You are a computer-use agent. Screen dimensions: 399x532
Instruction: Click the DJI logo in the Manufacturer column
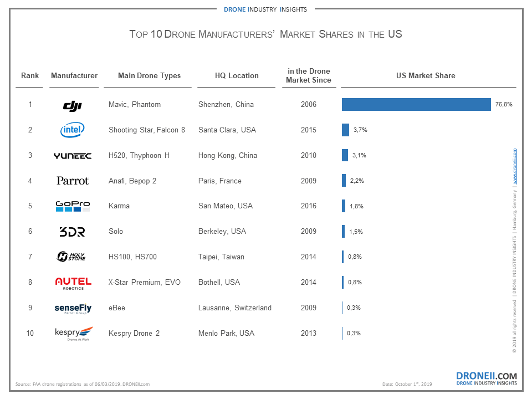(73, 105)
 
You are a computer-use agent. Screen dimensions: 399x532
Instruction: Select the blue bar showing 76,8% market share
(416, 104)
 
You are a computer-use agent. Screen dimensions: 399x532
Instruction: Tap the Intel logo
(73, 130)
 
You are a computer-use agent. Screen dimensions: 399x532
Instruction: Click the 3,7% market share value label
(360, 130)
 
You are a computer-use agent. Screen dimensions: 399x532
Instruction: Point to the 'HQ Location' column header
(237, 76)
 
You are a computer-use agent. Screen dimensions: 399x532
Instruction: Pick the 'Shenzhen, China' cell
(226, 105)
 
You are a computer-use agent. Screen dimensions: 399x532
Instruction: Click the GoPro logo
(73, 206)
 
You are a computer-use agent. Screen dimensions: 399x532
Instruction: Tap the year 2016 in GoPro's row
(308, 206)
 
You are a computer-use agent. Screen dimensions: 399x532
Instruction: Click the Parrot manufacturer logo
(73, 181)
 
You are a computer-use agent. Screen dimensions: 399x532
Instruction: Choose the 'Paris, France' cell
(220, 181)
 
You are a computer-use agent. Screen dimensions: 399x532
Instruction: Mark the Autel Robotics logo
(73, 283)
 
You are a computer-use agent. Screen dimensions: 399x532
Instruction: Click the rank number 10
(30, 333)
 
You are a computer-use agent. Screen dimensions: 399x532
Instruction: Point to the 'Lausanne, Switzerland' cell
(235, 308)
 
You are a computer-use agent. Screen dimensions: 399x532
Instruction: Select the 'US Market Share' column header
(426, 76)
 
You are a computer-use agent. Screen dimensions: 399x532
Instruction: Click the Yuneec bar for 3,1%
(345, 155)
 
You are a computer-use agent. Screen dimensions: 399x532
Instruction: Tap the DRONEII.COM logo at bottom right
(486, 378)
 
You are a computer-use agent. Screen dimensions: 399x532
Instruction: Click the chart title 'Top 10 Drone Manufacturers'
(265, 34)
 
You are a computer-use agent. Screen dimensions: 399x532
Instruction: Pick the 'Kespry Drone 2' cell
(134, 333)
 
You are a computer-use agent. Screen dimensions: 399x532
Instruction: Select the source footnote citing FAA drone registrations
(83, 384)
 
